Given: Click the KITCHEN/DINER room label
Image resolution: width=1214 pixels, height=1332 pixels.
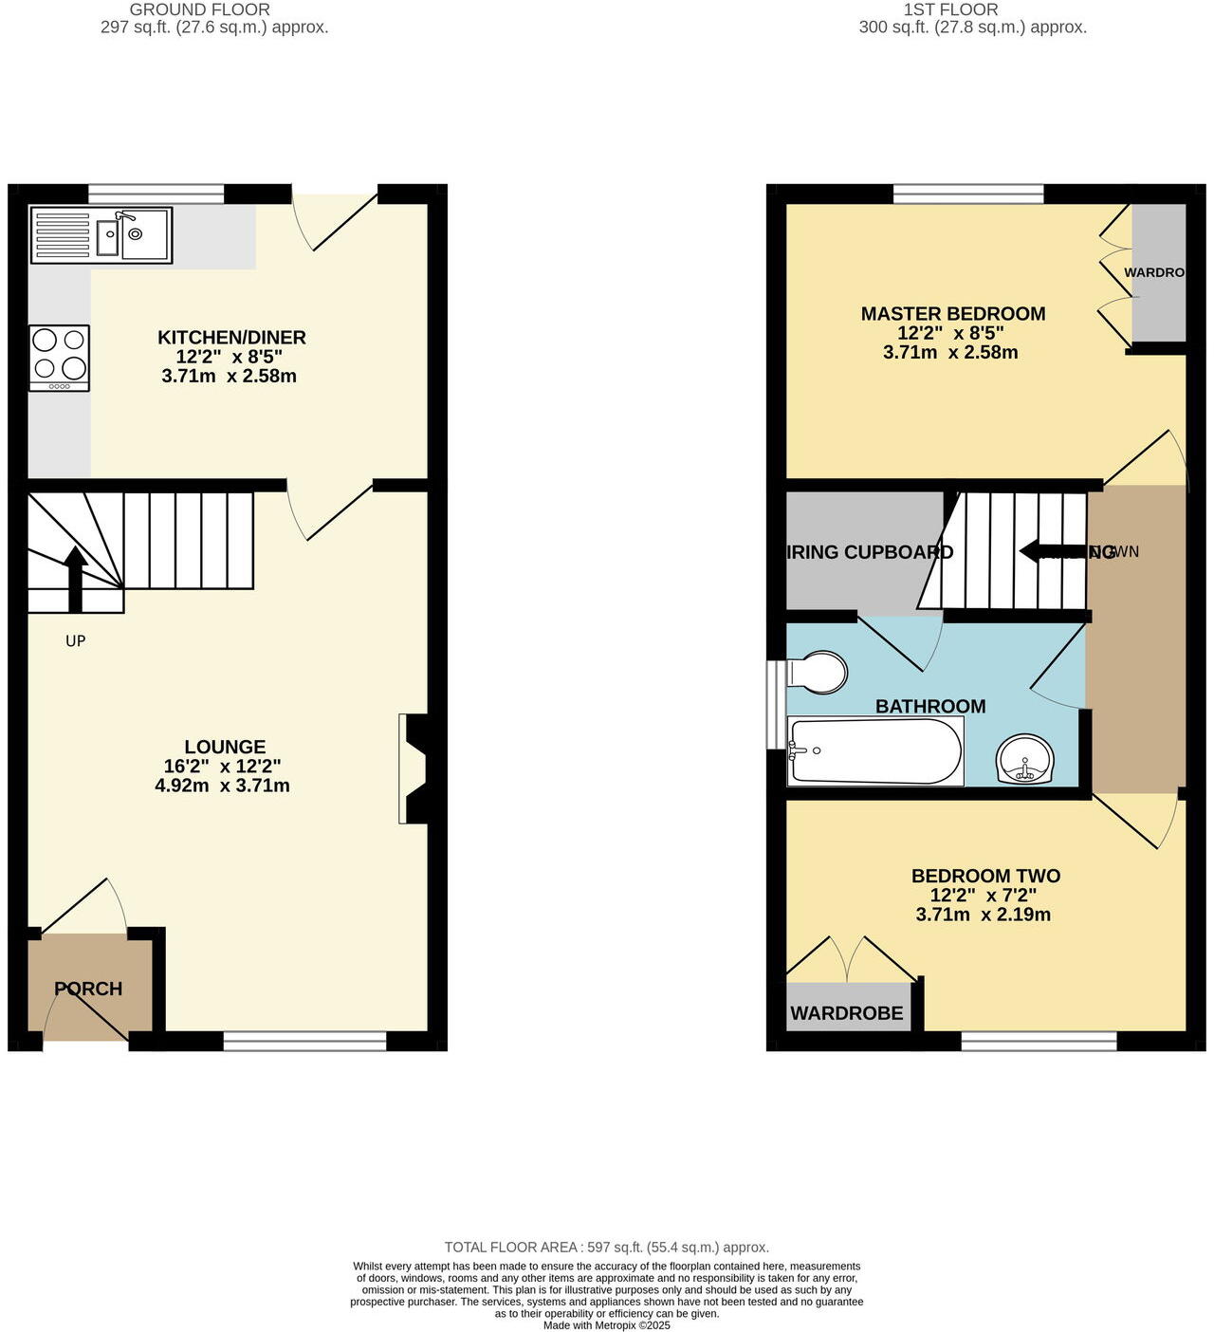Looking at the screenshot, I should click(231, 338).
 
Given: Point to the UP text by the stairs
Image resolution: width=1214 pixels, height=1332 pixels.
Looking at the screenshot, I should click(76, 641).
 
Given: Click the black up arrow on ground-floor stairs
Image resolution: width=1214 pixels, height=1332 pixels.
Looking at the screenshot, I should click(76, 579).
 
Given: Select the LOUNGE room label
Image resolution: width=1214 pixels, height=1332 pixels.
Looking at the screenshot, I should click(225, 748).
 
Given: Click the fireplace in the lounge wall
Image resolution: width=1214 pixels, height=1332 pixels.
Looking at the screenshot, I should click(415, 768).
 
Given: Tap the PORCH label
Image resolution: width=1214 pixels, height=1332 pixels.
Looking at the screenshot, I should click(88, 989).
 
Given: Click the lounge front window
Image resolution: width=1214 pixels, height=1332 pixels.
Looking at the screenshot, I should click(305, 1042).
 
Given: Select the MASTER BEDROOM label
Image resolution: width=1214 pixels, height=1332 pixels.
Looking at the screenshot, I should click(953, 314).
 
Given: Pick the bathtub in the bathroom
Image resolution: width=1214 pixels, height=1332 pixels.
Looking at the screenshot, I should click(875, 751).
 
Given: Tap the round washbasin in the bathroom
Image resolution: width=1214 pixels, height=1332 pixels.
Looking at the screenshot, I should click(1025, 760).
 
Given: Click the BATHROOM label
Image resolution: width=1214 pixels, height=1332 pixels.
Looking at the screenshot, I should click(930, 707).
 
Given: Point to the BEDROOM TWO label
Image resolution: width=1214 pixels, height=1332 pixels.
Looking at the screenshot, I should click(985, 877).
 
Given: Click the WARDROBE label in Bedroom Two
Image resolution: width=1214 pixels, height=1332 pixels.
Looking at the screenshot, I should click(847, 1013).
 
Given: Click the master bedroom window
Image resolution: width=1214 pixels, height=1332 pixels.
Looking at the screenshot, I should click(968, 194).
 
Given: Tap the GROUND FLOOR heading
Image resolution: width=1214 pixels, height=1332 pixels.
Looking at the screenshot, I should click(200, 9).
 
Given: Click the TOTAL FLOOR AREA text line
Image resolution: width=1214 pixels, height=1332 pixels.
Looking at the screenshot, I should click(607, 1248).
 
